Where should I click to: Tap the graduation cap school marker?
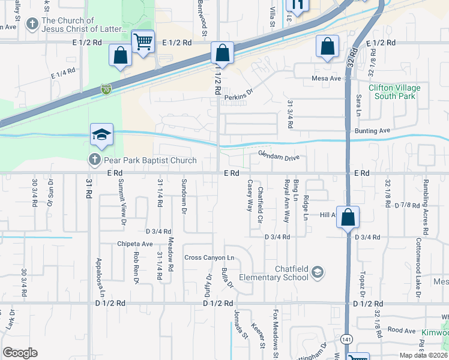102,135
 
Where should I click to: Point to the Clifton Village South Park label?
394,92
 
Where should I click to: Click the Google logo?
20,353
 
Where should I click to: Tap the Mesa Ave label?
326,78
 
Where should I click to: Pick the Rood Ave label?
402,330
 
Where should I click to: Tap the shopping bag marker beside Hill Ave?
348,217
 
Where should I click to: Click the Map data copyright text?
421,355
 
